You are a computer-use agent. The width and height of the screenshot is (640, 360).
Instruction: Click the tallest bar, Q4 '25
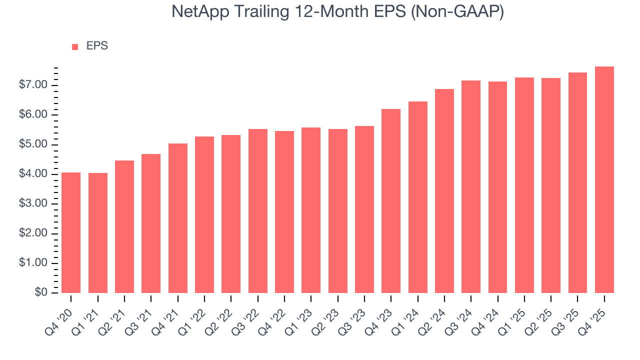[x=604, y=179]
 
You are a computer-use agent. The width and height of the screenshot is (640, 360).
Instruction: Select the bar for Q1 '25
[x=524, y=185]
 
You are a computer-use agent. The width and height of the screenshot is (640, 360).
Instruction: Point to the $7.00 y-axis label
[x=34, y=85]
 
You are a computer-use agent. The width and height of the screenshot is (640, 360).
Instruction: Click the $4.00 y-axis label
[x=34, y=174]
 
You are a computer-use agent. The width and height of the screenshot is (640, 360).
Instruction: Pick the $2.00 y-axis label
[x=34, y=233]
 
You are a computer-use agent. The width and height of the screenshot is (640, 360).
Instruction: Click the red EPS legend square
[x=75, y=46]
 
